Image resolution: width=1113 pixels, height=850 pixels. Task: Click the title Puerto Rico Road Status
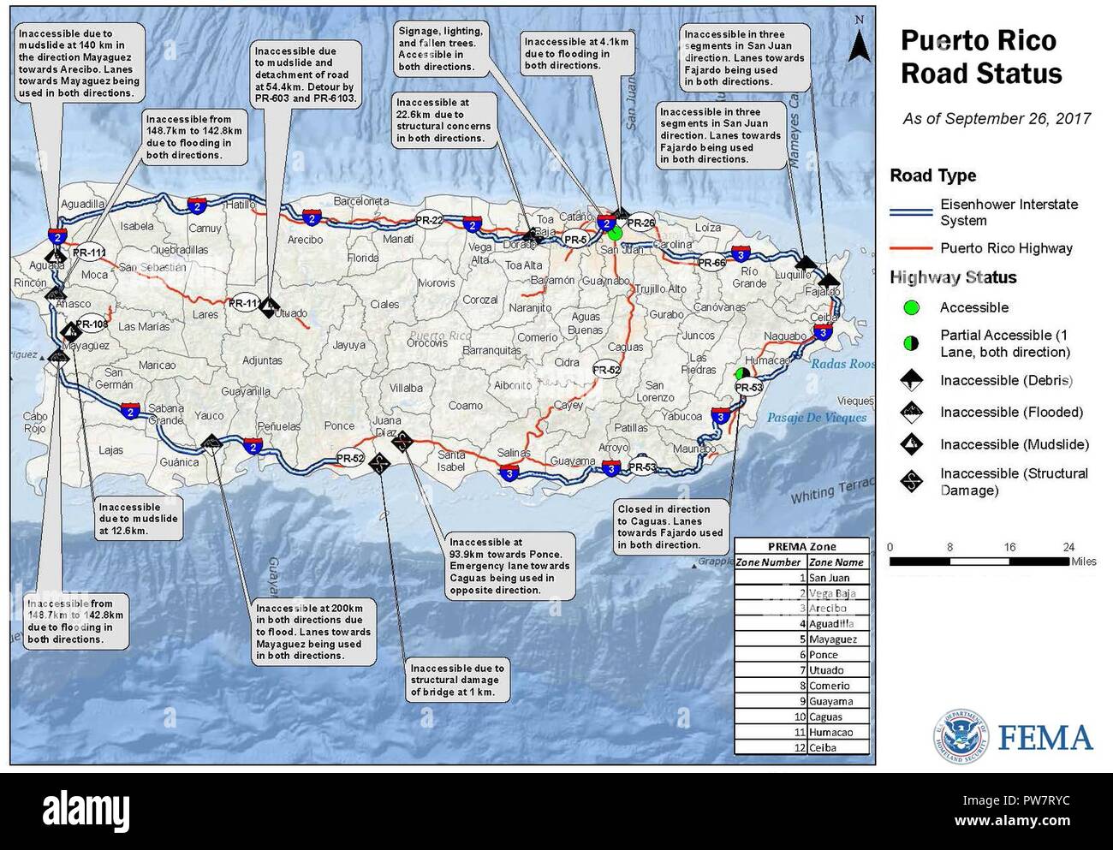tap(981, 57)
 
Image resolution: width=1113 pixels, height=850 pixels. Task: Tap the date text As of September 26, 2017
tap(997, 119)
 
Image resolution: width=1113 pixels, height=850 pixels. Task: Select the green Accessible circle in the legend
tap(911, 307)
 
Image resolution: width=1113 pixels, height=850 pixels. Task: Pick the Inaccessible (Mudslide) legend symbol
tap(912, 444)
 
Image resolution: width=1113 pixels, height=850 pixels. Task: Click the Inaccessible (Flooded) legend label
tap(1011, 413)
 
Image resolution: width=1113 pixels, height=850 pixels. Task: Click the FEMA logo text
tap(1045, 738)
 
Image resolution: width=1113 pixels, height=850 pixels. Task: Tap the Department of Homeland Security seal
tap(960, 737)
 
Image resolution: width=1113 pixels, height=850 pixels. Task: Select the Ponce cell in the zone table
tap(824, 655)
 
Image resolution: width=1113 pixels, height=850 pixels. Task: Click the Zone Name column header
tap(836, 562)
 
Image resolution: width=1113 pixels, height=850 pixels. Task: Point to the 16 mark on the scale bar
tap(1009, 547)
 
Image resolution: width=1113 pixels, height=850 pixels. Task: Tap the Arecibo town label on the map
tap(305, 240)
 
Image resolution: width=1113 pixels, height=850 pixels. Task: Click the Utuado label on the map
tap(291, 313)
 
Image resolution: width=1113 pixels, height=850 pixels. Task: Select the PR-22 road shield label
tap(429, 220)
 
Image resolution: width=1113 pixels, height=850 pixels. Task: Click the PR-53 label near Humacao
tap(748, 388)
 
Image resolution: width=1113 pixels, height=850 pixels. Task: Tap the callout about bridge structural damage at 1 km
tap(456, 680)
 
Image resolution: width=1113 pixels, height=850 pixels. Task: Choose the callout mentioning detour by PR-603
tap(304, 75)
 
